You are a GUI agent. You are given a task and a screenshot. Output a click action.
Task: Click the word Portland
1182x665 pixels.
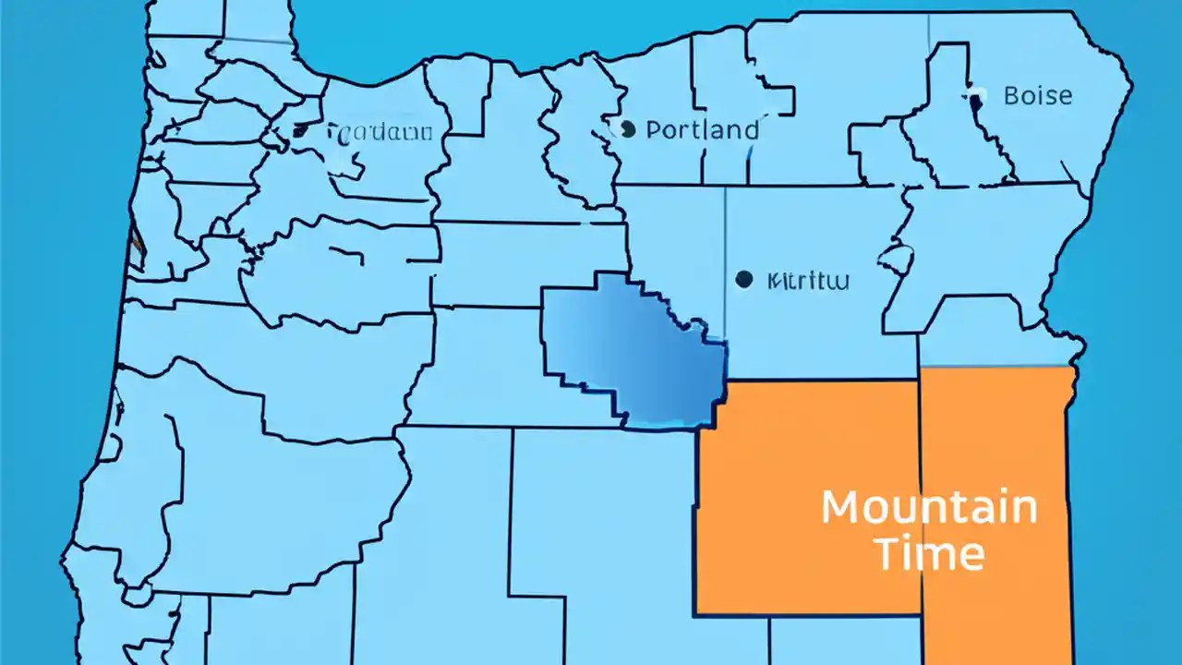click(x=703, y=130)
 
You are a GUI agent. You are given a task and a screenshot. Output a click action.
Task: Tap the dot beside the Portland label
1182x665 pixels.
click(x=628, y=130)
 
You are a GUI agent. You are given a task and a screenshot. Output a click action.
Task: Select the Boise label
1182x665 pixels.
click(x=1037, y=95)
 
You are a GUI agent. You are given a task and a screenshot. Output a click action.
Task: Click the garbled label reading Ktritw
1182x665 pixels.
click(x=808, y=281)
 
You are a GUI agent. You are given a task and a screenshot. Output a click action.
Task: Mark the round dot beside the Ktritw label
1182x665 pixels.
click(x=743, y=279)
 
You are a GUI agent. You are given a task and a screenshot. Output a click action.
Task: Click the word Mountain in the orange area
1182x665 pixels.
click(x=929, y=509)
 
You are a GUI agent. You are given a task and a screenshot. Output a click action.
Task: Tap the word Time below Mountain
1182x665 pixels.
click(x=929, y=554)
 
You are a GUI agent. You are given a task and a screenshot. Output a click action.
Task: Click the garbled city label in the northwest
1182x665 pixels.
click(x=380, y=133)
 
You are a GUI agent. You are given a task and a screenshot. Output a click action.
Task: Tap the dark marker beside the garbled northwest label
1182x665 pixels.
click(x=300, y=131)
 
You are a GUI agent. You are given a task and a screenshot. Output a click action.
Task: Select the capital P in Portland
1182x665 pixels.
click(x=655, y=130)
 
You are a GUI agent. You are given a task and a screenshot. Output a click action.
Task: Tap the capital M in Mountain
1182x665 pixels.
click(x=840, y=509)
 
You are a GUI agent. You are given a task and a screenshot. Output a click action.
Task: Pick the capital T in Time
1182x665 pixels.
click(x=888, y=554)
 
